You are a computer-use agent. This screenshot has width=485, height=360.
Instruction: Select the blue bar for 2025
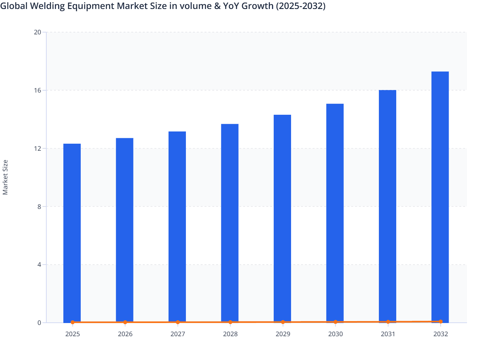(x=72, y=233)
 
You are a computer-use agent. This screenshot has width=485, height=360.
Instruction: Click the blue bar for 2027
(x=177, y=227)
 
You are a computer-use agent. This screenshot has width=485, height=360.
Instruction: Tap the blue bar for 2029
(x=282, y=219)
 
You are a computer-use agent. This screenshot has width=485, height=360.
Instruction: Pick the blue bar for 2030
(x=335, y=213)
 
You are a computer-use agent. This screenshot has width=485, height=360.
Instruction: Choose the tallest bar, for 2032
(x=440, y=197)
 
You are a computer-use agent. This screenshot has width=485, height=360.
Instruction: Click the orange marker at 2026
(x=125, y=322)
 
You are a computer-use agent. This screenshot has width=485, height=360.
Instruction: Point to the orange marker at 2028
(x=230, y=322)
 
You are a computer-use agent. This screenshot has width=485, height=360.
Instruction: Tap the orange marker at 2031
(x=388, y=322)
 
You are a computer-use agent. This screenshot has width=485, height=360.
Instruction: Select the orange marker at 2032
(x=440, y=321)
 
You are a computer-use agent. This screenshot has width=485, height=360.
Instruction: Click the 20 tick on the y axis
(x=38, y=32)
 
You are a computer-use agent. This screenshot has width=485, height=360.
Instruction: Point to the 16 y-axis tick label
(x=38, y=90)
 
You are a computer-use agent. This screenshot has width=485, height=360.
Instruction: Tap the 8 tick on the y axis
(x=39, y=207)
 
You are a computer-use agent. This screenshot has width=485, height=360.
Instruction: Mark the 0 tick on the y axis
(x=39, y=323)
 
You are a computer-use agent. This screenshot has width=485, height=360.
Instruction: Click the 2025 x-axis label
(x=72, y=334)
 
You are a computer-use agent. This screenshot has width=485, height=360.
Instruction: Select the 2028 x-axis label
(x=230, y=334)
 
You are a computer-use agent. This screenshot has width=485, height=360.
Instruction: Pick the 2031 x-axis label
(x=388, y=334)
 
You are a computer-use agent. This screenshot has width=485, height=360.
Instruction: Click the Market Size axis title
(x=5, y=177)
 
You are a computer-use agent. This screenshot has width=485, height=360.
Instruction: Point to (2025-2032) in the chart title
(x=301, y=6)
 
